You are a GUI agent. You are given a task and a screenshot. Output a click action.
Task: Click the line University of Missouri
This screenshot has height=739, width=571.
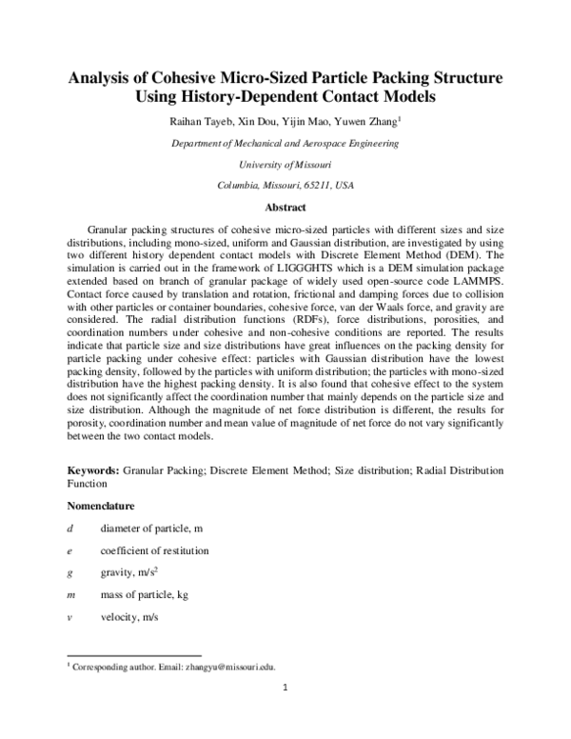coord(285,164)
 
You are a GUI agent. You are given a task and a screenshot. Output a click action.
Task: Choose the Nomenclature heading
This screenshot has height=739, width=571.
coord(101,505)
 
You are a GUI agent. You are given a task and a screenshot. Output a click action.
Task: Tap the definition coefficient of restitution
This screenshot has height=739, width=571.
coord(154,550)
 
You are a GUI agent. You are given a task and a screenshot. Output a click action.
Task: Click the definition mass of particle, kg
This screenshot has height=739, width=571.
coord(144,595)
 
